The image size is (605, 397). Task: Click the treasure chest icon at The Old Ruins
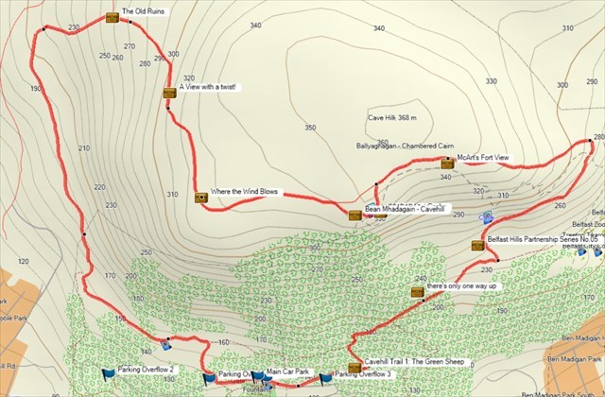tap(113, 17)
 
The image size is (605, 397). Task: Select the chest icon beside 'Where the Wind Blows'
tap(200, 197)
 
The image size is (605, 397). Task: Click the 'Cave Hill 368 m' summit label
tap(392, 118)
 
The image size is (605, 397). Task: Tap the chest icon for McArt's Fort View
tap(447, 164)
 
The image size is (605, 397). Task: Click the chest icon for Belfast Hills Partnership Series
tap(477, 246)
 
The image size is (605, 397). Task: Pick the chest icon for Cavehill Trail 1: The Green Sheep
tap(354, 368)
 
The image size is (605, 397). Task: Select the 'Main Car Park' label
tap(288, 372)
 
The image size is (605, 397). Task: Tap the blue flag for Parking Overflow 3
tap(326, 377)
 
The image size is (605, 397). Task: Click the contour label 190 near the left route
tap(36, 88)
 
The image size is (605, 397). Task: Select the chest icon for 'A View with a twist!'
tap(169, 92)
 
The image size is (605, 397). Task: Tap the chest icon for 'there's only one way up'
tap(417, 292)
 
